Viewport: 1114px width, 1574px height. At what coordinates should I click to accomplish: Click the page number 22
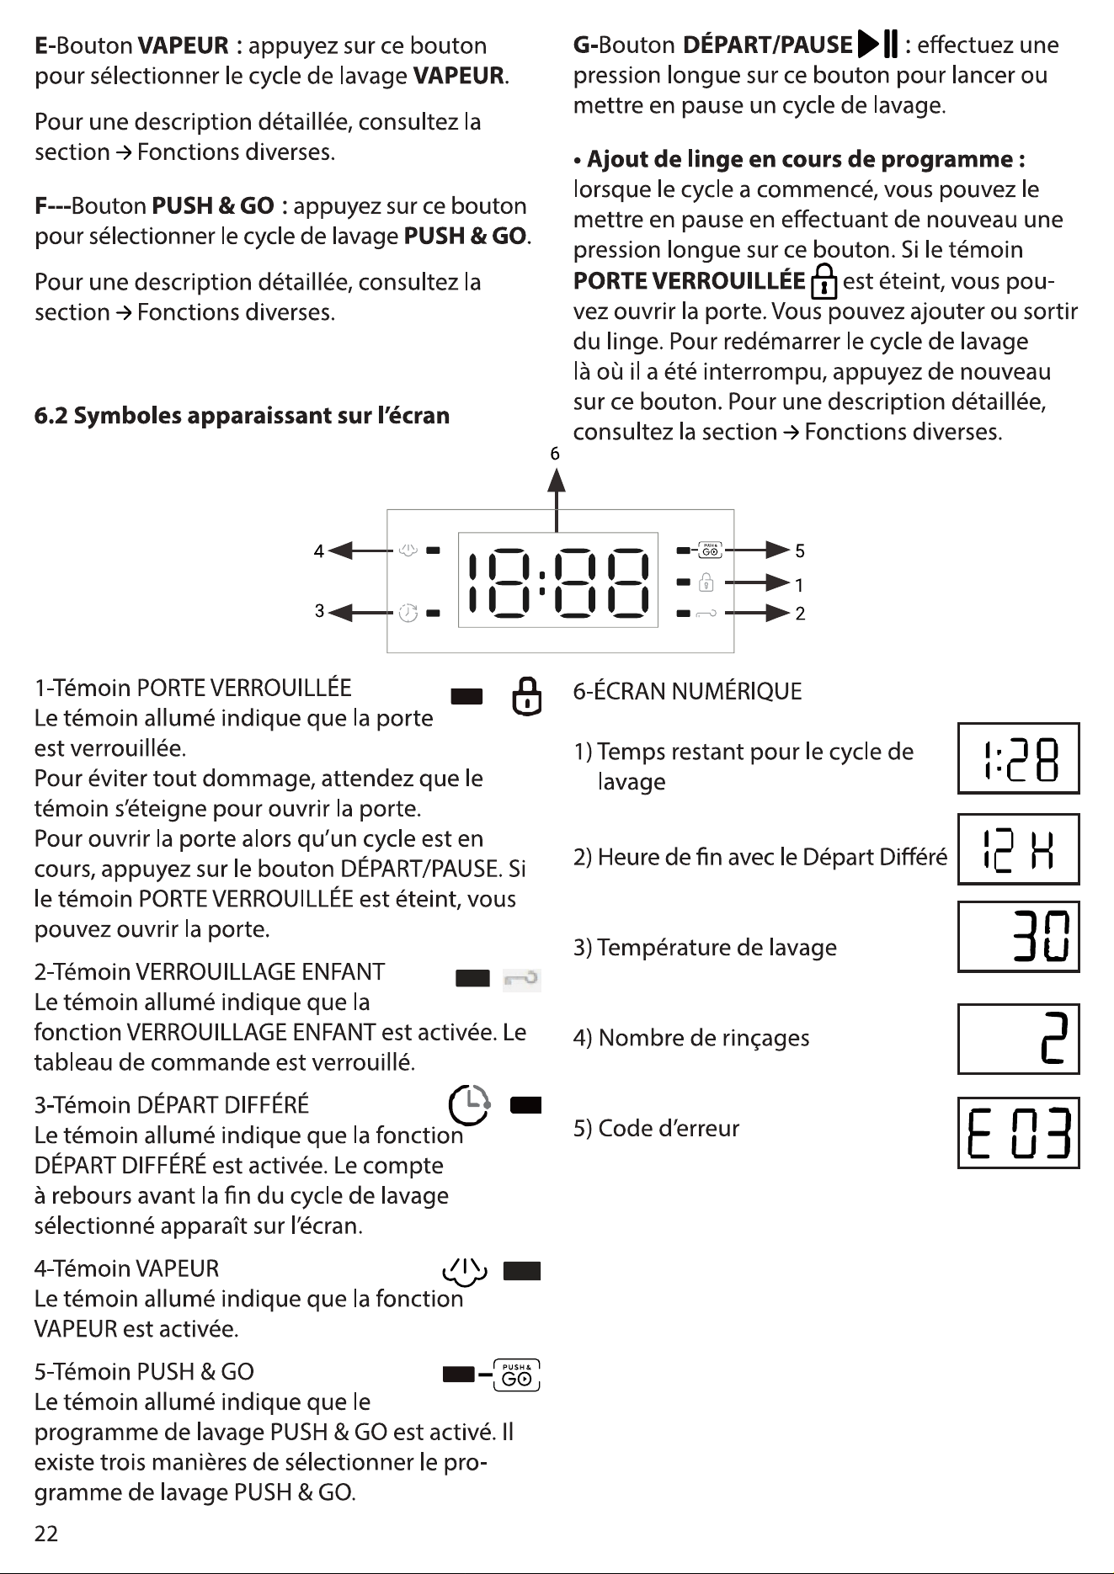pyautogui.click(x=46, y=1534)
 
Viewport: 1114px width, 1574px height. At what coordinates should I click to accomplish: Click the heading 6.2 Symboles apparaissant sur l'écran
pyautogui.click(x=242, y=416)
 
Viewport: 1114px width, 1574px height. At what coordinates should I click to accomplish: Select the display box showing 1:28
pyautogui.click(x=1019, y=758)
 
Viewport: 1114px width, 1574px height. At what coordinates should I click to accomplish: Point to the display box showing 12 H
pyautogui.click(x=1019, y=849)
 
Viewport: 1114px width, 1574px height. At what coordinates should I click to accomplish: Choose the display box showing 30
pyautogui.click(x=1019, y=937)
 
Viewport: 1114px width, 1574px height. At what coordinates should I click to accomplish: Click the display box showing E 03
pyautogui.click(x=1019, y=1133)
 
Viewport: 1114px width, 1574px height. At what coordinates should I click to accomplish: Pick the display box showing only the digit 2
pyautogui.click(x=1019, y=1039)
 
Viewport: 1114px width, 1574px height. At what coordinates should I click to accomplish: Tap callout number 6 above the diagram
pyautogui.click(x=555, y=455)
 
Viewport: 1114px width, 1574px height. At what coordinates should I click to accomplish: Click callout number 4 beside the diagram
pyautogui.click(x=318, y=551)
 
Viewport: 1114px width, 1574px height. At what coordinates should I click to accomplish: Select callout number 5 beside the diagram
pyautogui.click(x=800, y=551)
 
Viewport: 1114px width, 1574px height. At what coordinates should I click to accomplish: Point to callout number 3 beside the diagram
pyautogui.click(x=319, y=612)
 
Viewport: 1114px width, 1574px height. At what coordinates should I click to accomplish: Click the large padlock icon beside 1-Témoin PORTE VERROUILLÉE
pyautogui.click(x=527, y=696)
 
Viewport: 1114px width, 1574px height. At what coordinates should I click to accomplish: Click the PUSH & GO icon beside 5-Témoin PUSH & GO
pyautogui.click(x=517, y=1375)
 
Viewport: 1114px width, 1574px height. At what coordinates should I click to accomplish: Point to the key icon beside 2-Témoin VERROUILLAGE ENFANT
pyautogui.click(x=522, y=979)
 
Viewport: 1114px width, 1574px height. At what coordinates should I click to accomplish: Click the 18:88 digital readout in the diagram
pyautogui.click(x=557, y=580)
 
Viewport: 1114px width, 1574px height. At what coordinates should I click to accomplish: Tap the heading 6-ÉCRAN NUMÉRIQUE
pyautogui.click(x=687, y=692)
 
